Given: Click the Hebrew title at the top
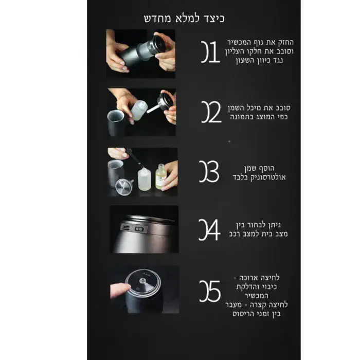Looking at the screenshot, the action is point(184,19).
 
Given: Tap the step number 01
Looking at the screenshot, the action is point(210,52).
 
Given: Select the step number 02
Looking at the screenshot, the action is point(211,112).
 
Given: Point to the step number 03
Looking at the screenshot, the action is point(209,171).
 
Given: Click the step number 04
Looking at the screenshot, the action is point(209,229).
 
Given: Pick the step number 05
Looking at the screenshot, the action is point(210,291).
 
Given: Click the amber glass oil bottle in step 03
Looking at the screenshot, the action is point(161,177).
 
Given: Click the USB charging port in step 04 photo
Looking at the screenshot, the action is point(127,227).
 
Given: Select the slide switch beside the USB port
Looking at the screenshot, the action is point(139,229).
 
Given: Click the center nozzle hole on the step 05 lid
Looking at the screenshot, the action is point(142,281).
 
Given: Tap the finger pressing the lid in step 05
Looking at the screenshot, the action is point(120,290).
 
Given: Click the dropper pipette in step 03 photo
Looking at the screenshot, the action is point(133,156).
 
